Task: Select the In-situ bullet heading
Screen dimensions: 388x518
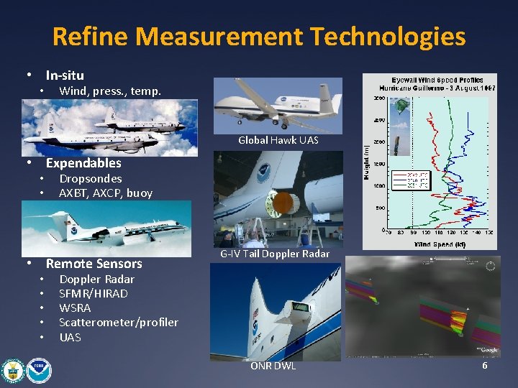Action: tap(65, 75)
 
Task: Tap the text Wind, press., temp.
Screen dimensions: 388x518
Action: tap(109, 91)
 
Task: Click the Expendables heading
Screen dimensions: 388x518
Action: tap(83, 163)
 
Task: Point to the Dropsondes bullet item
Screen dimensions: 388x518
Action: tap(90, 178)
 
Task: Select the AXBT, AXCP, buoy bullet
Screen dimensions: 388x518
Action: tap(105, 193)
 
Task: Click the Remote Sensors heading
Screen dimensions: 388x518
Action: tap(94, 264)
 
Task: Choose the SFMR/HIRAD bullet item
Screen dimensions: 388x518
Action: tap(93, 293)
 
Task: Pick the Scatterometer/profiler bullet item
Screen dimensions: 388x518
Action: tap(118, 323)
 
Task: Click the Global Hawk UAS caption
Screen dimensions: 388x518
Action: tap(278, 140)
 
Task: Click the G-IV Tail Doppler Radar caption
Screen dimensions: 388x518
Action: tap(275, 254)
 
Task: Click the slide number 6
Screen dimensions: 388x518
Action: tap(484, 366)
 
